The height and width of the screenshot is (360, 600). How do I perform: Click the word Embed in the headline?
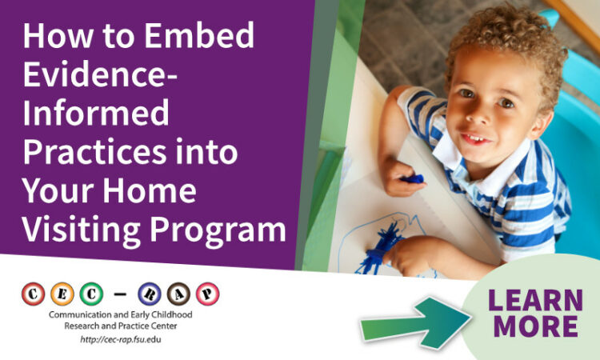click(x=199, y=35)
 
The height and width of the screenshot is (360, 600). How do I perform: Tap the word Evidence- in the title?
click(x=100, y=74)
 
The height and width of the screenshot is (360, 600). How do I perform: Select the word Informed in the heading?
click(x=96, y=113)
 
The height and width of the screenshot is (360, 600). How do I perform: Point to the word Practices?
click(x=94, y=151)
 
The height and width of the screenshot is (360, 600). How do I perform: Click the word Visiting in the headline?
click(x=81, y=230)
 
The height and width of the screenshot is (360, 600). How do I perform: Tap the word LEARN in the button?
click(x=535, y=300)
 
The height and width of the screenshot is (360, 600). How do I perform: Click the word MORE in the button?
click(x=536, y=326)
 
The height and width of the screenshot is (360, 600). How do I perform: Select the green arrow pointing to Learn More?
click(x=416, y=323)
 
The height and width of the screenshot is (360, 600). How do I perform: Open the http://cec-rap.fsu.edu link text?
click(x=121, y=339)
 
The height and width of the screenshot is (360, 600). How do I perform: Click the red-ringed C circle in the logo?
click(x=33, y=294)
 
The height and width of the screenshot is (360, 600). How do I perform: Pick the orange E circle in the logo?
click(x=62, y=294)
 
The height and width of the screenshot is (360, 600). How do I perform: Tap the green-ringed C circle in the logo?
click(x=91, y=294)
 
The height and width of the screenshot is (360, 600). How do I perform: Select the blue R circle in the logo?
click(x=150, y=294)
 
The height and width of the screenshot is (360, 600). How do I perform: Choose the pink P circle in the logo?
click(x=207, y=294)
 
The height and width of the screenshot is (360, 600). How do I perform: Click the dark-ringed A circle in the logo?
click(x=178, y=294)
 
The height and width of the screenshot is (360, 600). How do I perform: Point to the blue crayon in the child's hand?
click(x=412, y=178)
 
